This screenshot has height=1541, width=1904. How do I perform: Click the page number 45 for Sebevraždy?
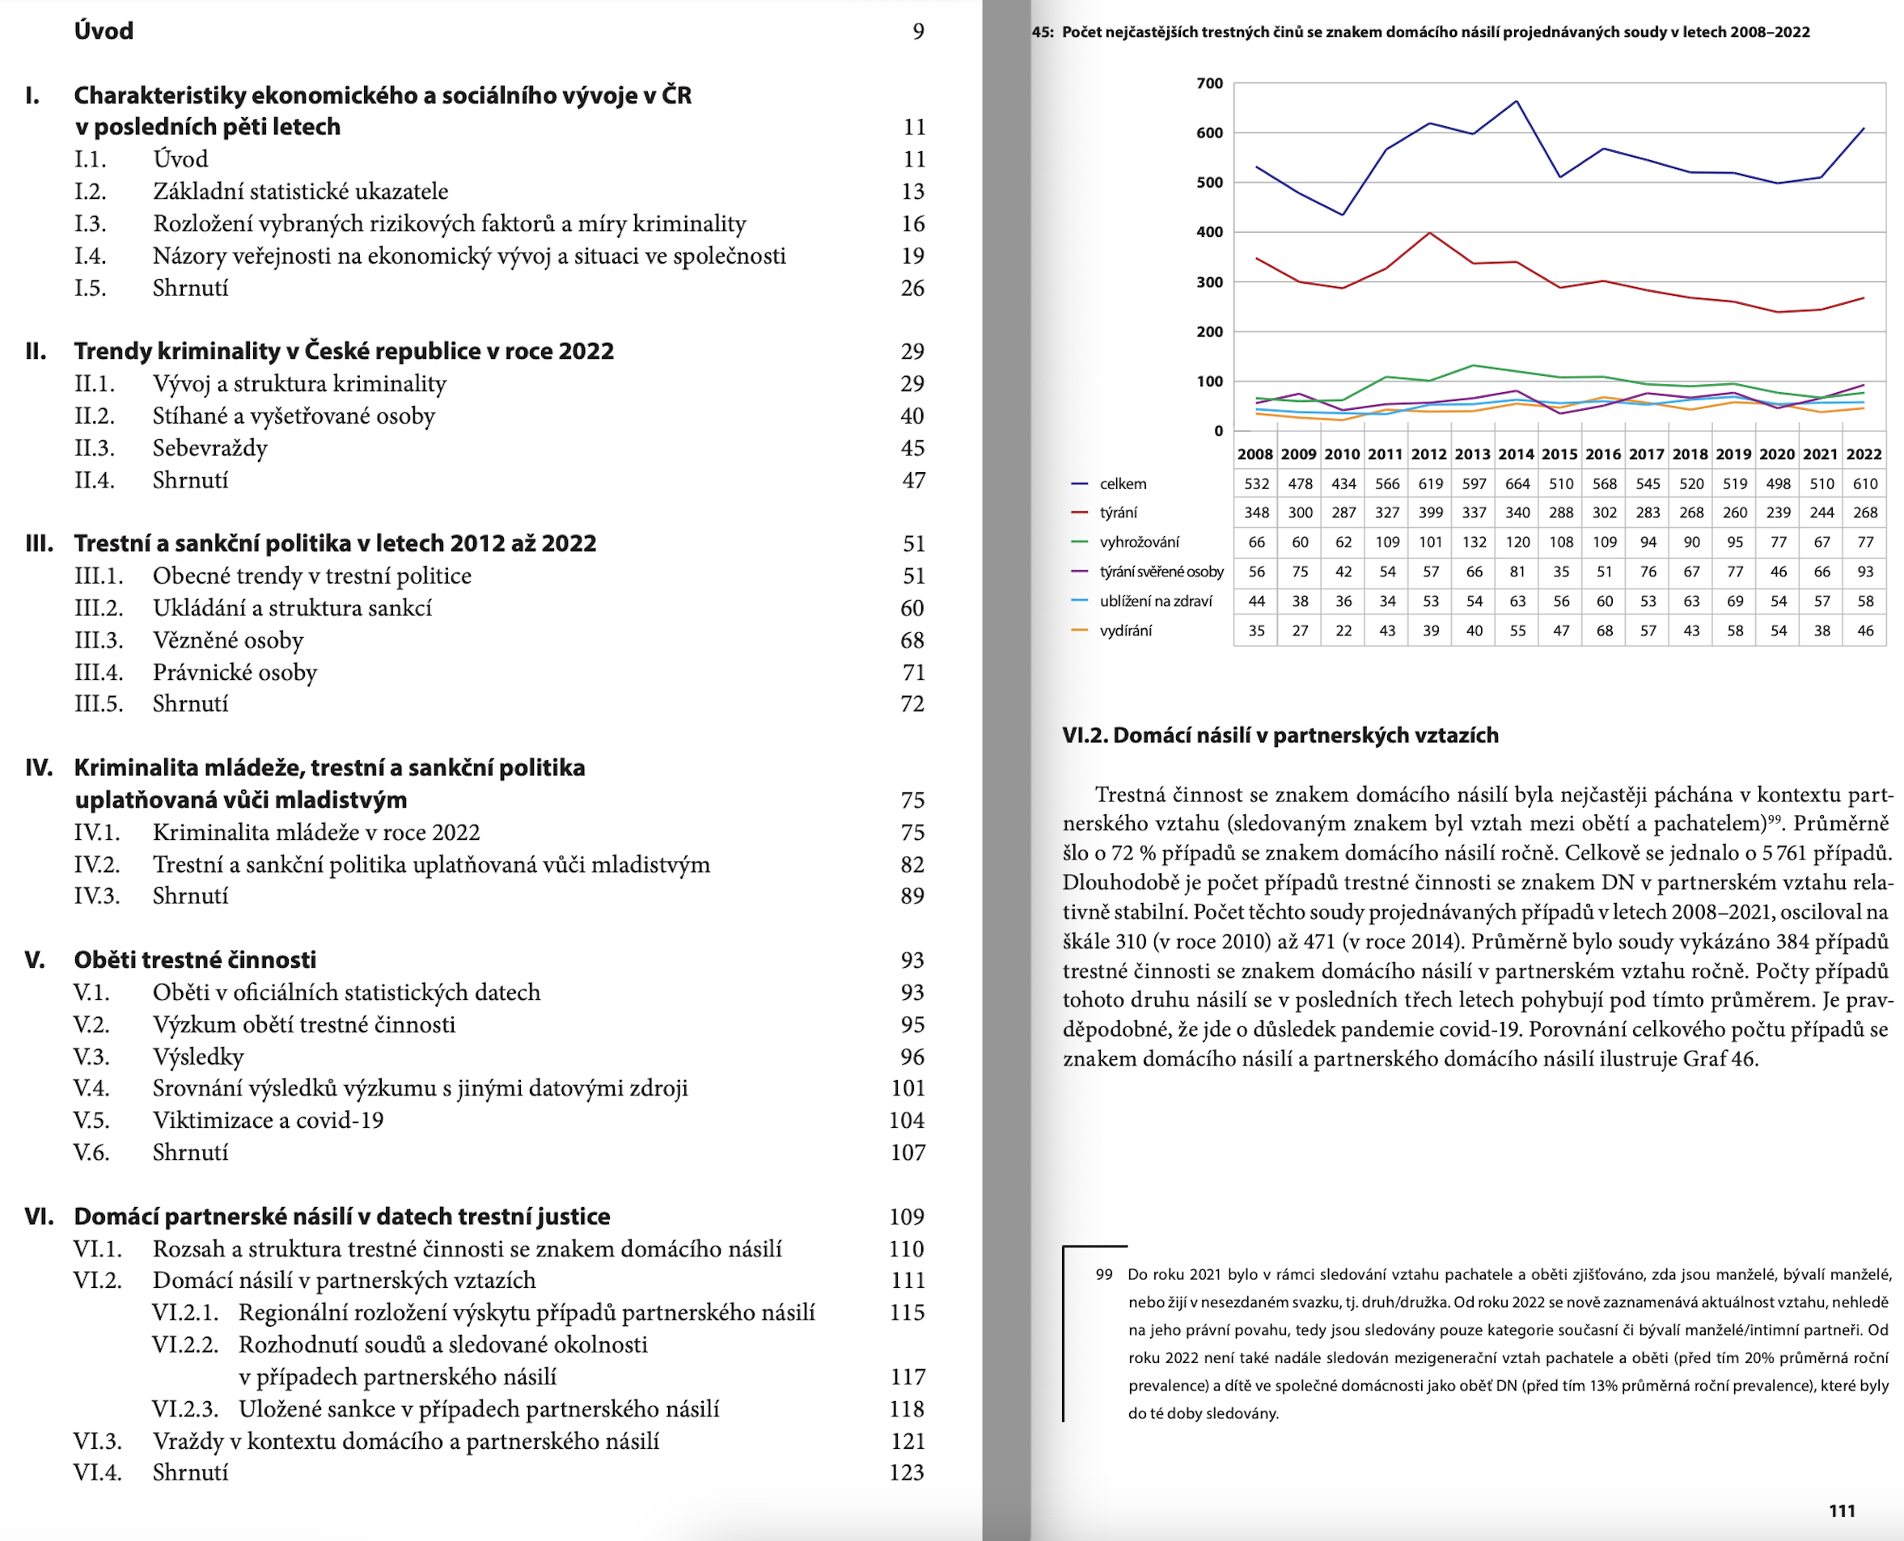tap(913, 448)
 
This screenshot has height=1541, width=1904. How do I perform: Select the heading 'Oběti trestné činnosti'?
tap(196, 960)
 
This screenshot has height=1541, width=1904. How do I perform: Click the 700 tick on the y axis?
tap(1209, 83)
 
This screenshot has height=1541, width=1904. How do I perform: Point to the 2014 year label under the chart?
tap(1516, 454)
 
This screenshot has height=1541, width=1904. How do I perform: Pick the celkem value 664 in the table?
tap(1517, 483)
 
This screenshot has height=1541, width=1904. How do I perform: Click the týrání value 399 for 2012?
tap(1431, 513)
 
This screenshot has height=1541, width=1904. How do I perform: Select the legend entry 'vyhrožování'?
tap(1140, 543)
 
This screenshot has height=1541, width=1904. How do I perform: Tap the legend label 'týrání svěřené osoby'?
tap(1161, 572)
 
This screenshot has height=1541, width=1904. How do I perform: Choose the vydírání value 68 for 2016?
tap(1605, 631)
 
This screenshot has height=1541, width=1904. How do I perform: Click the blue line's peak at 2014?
tap(1517, 101)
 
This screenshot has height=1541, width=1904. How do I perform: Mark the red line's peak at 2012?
tap(1430, 234)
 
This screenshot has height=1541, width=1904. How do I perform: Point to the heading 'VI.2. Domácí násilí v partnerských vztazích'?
tap(1280, 735)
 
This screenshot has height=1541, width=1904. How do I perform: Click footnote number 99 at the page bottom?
tap(1104, 1275)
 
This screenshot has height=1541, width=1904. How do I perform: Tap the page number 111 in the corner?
tap(1842, 1511)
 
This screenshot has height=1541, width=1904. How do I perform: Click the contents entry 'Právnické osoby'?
tap(235, 672)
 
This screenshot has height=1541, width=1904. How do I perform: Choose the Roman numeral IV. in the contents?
tap(39, 768)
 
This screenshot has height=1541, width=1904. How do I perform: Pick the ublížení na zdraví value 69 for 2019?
tap(1735, 602)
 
